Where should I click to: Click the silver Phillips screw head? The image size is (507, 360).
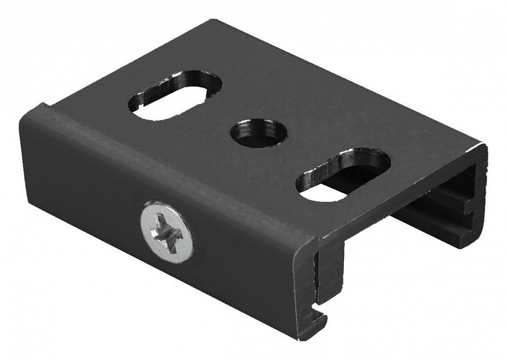point(166,231)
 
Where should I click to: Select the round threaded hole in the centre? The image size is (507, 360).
point(258,133)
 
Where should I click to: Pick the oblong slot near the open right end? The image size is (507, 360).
point(343,175)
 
